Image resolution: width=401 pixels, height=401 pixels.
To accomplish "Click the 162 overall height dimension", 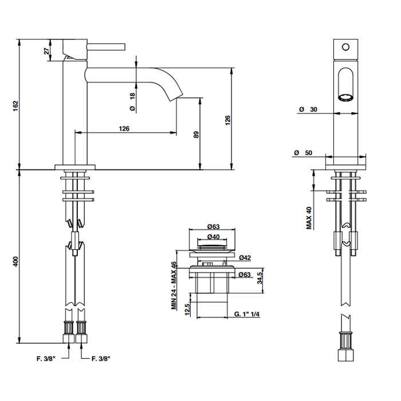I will coord(16,105).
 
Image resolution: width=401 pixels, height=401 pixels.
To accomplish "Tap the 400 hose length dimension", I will coord(16,261).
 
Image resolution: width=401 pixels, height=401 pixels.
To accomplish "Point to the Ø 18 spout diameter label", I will coord(132,102).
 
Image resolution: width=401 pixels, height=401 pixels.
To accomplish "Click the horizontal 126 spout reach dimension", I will coord(124,128).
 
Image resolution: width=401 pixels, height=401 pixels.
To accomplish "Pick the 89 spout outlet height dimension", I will coord(195,135).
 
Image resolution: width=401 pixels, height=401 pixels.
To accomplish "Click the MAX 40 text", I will coord(309,218).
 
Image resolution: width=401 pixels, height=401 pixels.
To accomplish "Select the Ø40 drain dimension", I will coord(213,237).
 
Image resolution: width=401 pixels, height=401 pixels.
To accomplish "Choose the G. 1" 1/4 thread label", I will coord(246,314).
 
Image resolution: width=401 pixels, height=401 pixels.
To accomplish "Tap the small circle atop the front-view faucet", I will coord(345,45).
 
